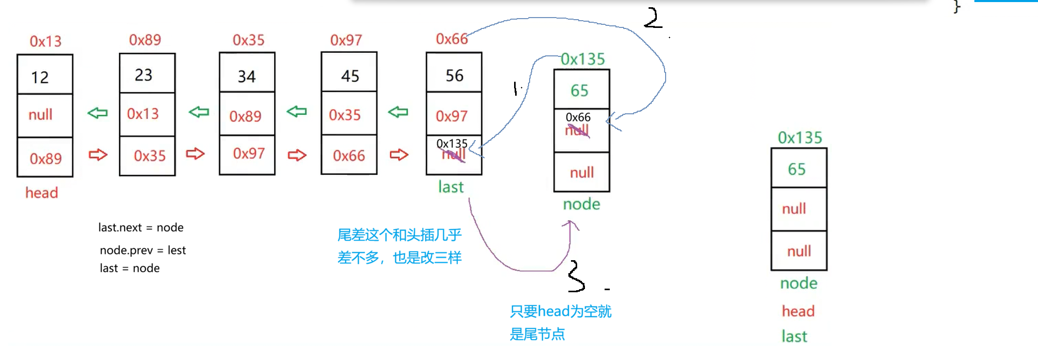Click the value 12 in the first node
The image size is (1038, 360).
40,78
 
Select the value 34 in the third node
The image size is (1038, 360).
247,77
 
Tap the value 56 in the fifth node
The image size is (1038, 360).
455,76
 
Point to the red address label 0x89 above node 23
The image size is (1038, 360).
145,40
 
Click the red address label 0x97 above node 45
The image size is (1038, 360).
346,40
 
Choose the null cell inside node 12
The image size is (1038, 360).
40,115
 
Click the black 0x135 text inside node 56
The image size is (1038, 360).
452,143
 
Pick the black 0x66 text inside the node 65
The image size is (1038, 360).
578,117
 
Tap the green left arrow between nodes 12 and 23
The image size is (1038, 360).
97,113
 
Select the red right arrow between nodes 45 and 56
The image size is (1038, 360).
399,155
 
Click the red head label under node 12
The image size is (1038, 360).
42,193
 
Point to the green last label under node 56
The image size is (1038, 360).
450,187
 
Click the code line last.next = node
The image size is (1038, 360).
141,228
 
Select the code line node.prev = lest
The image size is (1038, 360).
143,250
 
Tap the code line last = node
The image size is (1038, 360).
130,268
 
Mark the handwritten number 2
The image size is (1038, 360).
653,19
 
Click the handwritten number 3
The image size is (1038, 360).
576,277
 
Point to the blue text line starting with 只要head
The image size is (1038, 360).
560,311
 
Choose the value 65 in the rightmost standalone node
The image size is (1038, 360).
796,169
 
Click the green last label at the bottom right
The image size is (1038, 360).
794,337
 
